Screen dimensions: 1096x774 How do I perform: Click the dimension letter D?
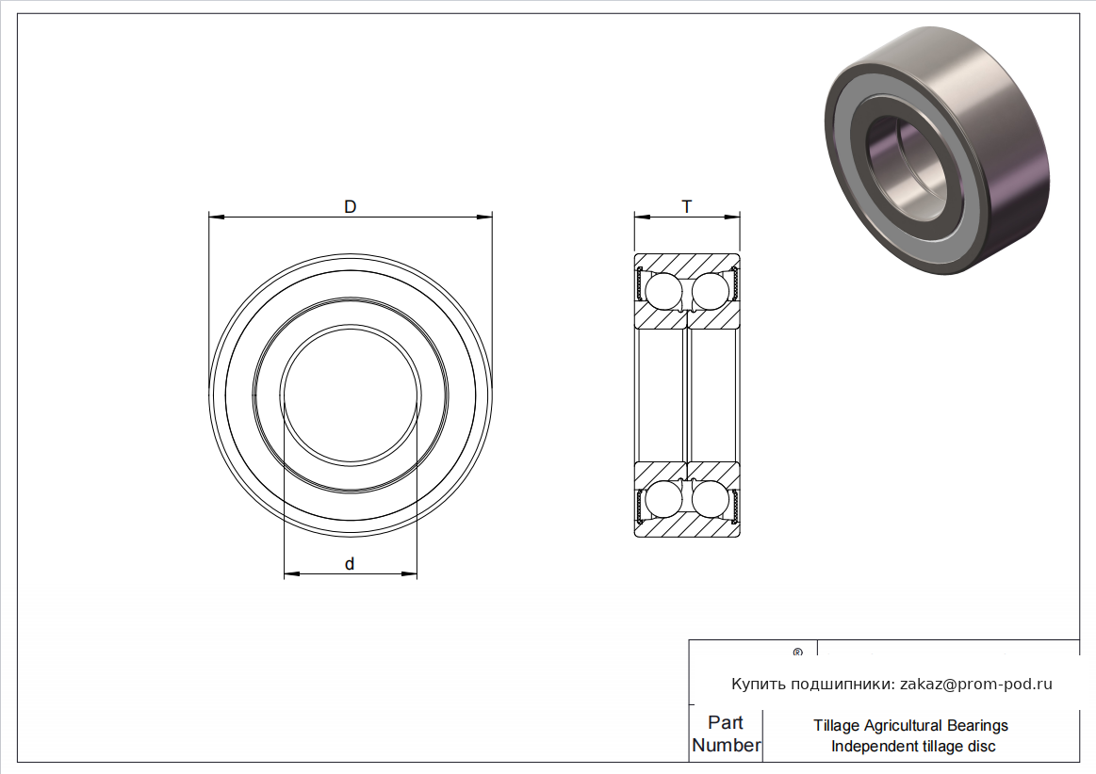click(x=351, y=207)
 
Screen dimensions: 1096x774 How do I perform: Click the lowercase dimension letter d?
click(x=351, y=564)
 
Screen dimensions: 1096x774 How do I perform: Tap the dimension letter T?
click(x=687, y=207)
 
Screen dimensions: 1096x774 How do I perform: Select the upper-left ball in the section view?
click(x=663, y=291)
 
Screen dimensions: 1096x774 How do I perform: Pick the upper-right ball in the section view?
click(x=711, y=291)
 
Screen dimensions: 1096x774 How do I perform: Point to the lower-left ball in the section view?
click(x=663, y=499)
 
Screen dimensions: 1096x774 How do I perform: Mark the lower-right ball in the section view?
click(x=711, y=499)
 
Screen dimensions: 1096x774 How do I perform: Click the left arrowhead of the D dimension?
click(x=217, y=217)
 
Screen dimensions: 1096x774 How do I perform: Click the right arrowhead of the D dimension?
click(x=484, y=217)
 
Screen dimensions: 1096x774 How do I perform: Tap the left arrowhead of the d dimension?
click(x=291, y=574)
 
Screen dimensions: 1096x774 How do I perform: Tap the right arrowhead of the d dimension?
click(x=409, y=574)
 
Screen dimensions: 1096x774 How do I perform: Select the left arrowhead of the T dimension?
click(x=643, y=217)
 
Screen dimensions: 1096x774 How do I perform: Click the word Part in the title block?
click(x=725, y=722)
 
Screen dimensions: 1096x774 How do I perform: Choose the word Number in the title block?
click(x=727, y=745)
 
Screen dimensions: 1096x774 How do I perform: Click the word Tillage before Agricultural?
click(x=837, y=726)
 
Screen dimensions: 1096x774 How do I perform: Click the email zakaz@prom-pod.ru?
click(x=975, y=684)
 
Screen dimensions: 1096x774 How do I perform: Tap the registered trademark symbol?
click(x=798, y=653)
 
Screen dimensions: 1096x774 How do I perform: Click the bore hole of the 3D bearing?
click(x=907, y=161)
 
